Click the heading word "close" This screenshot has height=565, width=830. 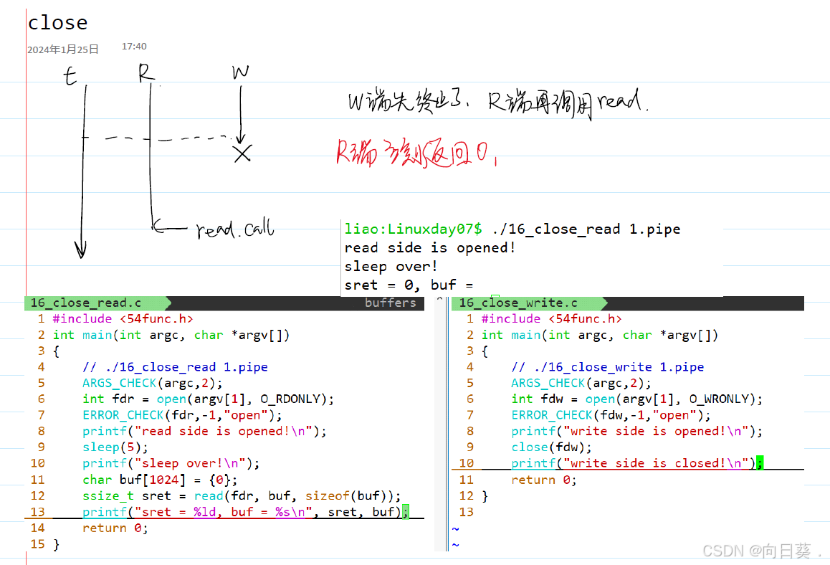57,23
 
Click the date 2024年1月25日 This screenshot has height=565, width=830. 63,49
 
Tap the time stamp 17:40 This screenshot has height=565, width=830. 134,46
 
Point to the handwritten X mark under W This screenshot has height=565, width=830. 242,153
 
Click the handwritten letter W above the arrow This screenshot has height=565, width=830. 241,72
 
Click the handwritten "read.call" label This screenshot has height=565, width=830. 235,230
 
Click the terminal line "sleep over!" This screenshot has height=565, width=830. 391,266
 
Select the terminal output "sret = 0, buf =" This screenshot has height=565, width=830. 409,285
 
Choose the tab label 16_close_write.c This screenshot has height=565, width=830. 518,303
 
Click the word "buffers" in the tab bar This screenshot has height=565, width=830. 390,303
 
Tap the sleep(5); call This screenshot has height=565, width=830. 115,447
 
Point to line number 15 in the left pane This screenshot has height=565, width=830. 38,544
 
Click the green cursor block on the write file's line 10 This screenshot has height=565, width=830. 759,463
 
